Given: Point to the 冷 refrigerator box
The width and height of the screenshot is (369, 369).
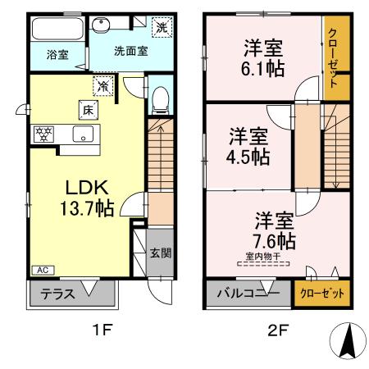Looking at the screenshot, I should pyautogui.click(x=103, y=84).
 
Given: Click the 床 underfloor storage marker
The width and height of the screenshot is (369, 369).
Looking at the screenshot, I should pyautogui.click(x=86, y=107).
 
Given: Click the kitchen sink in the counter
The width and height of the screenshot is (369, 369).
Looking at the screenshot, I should pyautogui.click(x=84, y=134).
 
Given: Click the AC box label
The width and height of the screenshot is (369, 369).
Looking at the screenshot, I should pyautogui.click(x=40, y=269).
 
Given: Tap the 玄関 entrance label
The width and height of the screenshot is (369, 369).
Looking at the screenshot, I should pyautogui.click(x=161, y=253).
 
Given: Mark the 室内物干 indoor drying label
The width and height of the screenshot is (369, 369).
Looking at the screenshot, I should pyautogui.click(x=263, y=257).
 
